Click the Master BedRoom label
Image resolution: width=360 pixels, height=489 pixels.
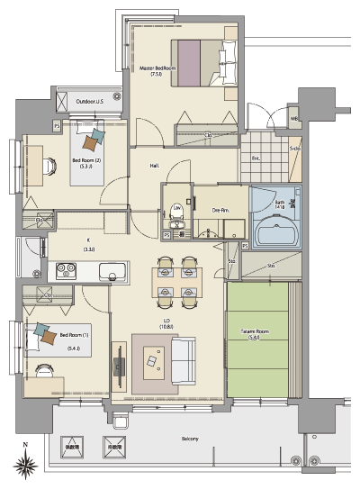(x=157, y=71)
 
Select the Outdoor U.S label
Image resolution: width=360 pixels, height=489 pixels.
(x=89, y=102)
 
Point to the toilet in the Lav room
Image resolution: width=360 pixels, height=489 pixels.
(x=176, y=213)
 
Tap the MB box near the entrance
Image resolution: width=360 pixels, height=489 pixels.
(x=294, y=119)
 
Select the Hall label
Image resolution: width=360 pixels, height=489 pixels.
(x=155, y=166)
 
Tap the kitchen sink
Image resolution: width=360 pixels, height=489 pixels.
(x=113, y=269)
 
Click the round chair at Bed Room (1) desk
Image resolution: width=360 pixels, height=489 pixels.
(x=41, y=368)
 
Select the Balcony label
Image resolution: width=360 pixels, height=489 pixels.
(x=188, y=438)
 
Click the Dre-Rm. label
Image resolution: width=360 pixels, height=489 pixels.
(x=219, y=209)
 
